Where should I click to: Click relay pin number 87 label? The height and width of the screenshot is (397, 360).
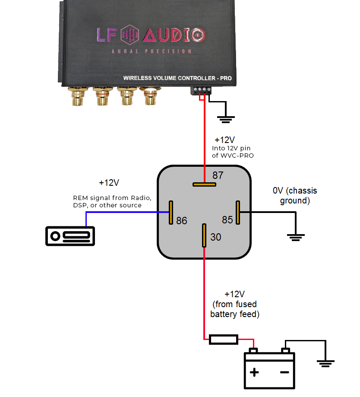tap(218, 175)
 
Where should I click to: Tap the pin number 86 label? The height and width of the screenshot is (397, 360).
tap(182, 221)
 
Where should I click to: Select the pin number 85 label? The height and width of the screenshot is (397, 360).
tap(227, 220)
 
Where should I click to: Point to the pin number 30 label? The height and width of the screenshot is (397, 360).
tap(215, 238)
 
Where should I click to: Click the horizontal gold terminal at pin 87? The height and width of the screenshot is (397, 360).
tap(204, 184)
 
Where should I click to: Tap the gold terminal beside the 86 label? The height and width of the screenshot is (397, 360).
tap(171, 213)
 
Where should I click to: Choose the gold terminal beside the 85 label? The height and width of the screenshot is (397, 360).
tap(237, 213)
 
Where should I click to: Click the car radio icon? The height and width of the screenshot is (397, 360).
tap(70, 236)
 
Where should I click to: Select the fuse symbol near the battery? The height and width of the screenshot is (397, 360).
tap(223, 339)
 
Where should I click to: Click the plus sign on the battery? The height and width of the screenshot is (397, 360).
tap(255, 372)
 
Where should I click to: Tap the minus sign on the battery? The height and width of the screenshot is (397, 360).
tap(284, 372)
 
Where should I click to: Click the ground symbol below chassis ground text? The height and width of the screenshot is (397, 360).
tap(296, 237)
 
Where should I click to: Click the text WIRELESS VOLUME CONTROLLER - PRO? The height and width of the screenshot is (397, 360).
tap(177, 78)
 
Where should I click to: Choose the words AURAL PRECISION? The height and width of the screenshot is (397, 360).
tap(151, 51)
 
